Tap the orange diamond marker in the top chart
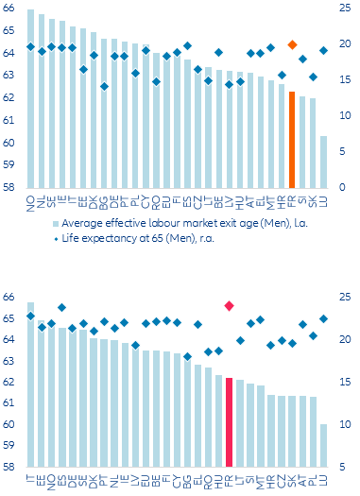coord(292,44)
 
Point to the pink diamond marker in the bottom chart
coord(230,305)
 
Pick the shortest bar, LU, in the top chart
coord(324,162)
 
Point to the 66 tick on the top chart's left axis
coord(9,9)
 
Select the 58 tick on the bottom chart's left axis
coord(9,467)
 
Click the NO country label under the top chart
coord(31,200)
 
